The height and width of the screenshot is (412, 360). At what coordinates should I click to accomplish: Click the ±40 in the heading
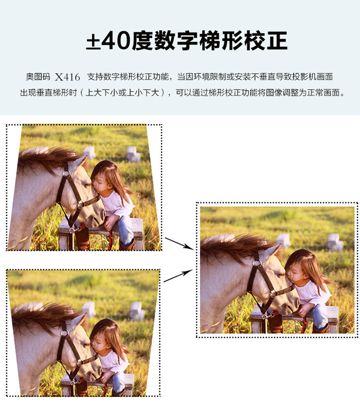pyautogui.click(x=108, y=40)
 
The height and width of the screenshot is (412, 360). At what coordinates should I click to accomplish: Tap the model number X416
pyautogui.click(x=67, y=77)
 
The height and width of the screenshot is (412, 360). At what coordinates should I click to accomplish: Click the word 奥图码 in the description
pyautogui.click(x=38, y=77)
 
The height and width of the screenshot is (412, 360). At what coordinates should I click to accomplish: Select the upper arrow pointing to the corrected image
pyautogui.click(x=180, y=243)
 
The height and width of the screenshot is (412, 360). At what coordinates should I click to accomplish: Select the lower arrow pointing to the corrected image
pyautogui.click(x=178, y=276)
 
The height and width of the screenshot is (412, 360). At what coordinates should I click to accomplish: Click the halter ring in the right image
pyautogui.click(x=257, y=262)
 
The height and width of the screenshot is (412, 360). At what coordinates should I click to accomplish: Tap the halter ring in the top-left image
pyautogui.click(x=66, y=173)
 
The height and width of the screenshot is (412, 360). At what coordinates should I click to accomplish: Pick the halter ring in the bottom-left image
pyautogui.click(x=64, y=333)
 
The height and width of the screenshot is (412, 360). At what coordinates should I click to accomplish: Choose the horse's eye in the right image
pyautogui.click(x=280, y=275)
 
